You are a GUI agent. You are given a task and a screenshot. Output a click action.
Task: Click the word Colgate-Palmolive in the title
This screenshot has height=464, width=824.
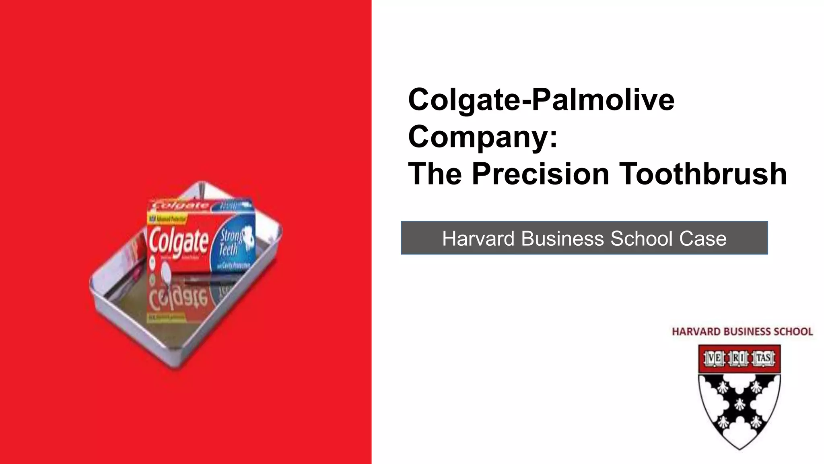click(x=541, y=100)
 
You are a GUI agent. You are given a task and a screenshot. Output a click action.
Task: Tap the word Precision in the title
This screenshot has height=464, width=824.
click(x=540, y=174)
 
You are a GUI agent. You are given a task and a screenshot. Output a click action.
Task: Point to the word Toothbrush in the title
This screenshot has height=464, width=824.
click(x=702, y=174)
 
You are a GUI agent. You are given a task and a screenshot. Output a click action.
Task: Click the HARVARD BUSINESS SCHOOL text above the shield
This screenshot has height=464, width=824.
click(x=742, y=332)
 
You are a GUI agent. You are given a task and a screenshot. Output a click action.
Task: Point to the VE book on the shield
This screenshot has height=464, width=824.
click(x=714, y=358)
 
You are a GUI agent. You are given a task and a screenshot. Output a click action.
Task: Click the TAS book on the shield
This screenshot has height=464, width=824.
click(x=763, y=358)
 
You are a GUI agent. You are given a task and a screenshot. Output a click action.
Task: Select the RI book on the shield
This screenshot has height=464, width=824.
click(x=738, y=358)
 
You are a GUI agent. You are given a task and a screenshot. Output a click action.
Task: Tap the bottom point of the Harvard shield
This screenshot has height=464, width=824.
click(x=740, y=448)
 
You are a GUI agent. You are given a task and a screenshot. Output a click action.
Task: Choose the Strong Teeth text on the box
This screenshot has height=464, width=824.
click(x=231, y=242)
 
